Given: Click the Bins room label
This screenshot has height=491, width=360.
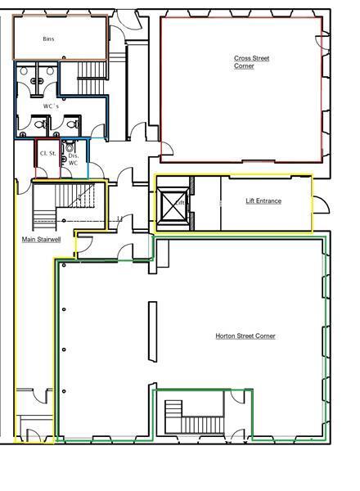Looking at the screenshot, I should tap(48, 39).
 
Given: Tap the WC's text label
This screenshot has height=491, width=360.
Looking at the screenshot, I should tap(51, 106).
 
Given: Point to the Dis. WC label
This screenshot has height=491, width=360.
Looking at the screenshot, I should tap(73, 160).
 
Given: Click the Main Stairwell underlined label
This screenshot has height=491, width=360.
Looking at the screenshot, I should tap(41, 240).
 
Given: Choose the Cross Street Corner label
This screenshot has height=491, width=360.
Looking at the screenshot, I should tap(251, 62).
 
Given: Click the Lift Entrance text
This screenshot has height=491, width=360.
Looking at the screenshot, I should tap(263, 200).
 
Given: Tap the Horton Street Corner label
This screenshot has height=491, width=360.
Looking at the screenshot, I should tap(245, 336).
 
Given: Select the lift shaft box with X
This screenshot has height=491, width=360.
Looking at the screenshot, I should tap(174, 205).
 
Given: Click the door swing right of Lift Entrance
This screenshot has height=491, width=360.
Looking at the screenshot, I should tap(321, 204).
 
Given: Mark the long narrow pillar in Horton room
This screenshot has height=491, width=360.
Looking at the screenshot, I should tap(152, 331).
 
